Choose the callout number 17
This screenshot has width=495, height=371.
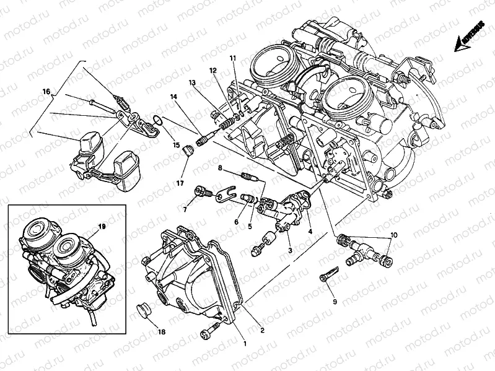pyautogui.click(x=180, y=183)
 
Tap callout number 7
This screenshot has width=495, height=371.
pyautogui.click(x=184, y=209)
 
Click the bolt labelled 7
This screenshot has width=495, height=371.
pyautogui.click(x=201, y=191)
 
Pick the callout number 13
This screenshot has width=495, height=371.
pyautogui.click(x=193, y=82)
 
